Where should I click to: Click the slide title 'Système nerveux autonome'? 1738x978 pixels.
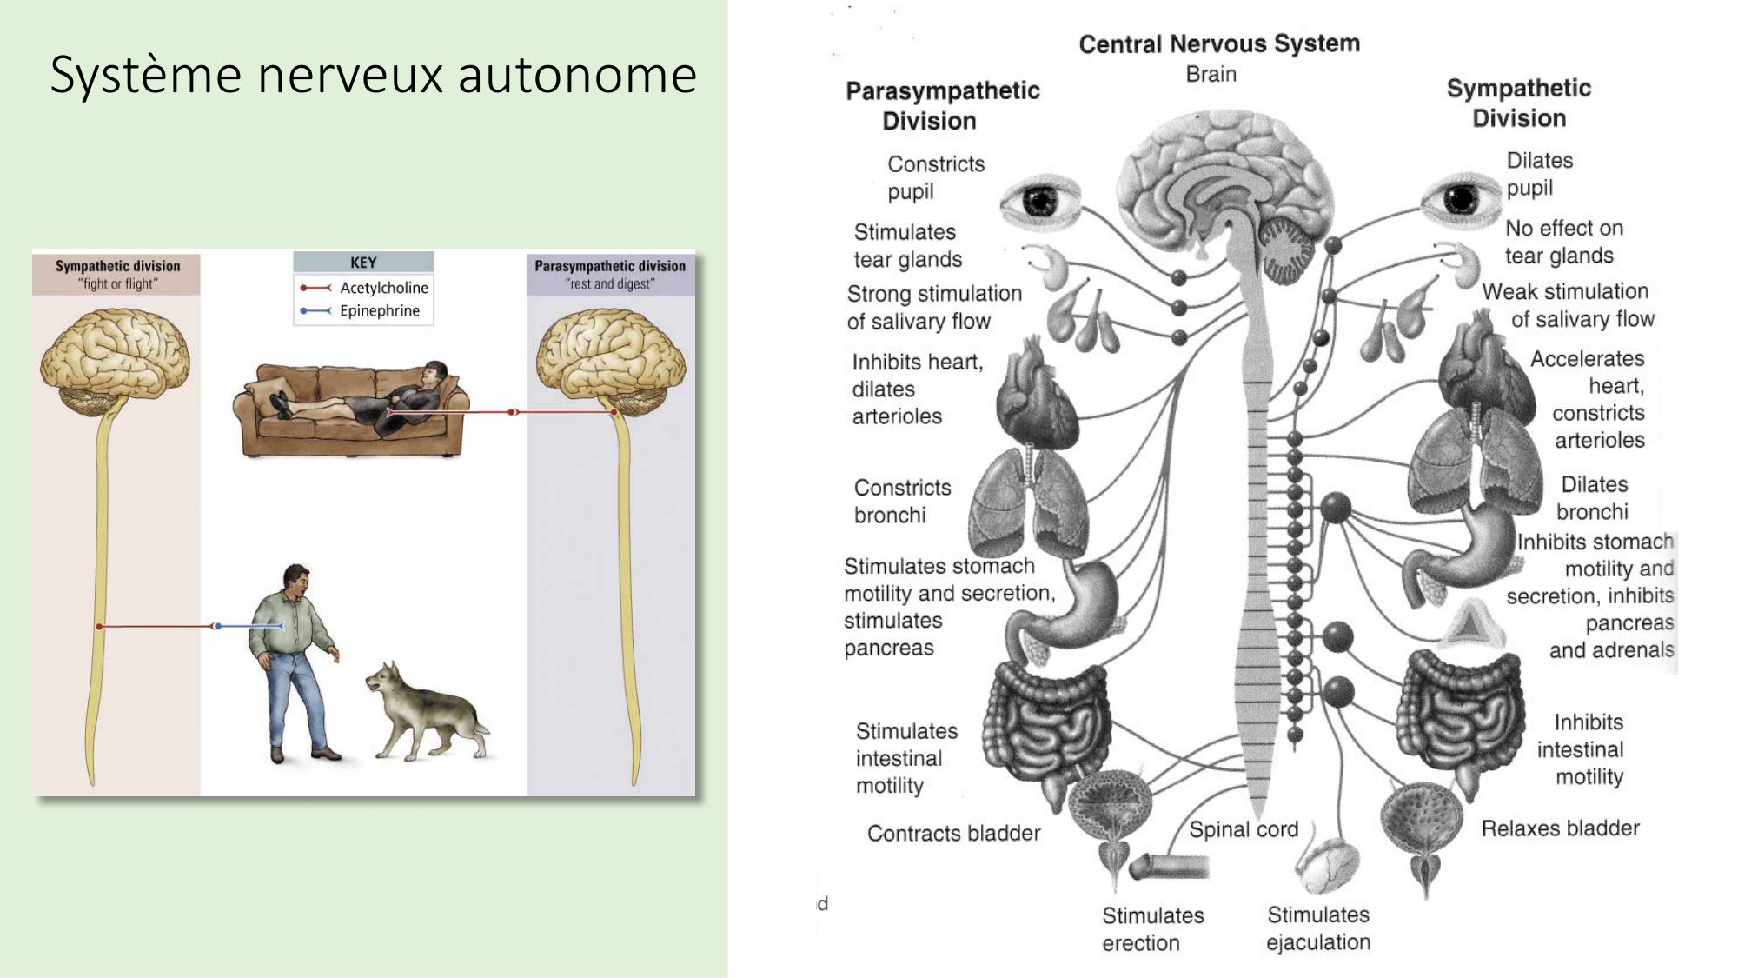coord(374,75)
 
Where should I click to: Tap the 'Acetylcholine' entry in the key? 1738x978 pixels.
coord(383,288)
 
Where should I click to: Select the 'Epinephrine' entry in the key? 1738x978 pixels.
coord(379,311)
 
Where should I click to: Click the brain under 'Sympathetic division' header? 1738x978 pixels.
coord(115,361)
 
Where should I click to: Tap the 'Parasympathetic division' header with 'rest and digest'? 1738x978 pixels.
coord(610,274)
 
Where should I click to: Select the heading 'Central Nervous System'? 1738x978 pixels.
coord(1219,43)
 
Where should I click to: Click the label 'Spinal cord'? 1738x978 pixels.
coord(1244,829)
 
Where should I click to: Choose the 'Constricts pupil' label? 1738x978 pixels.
coord(935,177)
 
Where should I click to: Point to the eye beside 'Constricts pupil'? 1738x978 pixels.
coord(1040,201)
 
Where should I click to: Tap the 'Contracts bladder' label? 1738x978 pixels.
coord(953,834)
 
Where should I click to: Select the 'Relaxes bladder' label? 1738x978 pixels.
coord(1560,828)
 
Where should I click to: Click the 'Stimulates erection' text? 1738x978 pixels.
coord(1152,929)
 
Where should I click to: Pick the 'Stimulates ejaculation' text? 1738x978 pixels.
coord(1318,928)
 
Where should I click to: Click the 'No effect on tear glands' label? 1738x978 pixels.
coord(1563,242)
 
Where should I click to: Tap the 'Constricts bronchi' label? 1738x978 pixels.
coord(902,502)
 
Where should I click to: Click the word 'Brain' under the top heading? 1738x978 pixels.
coord(1211,75)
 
